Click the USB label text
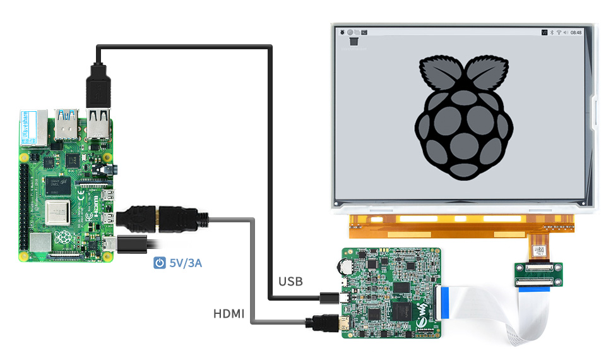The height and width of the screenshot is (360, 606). point(290,280)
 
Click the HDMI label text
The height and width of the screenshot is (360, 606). point(229,313)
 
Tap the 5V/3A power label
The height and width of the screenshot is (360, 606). point(186,263)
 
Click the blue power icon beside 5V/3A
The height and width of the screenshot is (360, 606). point(160,263)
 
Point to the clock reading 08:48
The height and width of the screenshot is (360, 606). point(576,32)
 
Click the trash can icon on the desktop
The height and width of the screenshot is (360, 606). point(354,42)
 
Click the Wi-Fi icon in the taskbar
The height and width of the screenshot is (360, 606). point(558,32)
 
